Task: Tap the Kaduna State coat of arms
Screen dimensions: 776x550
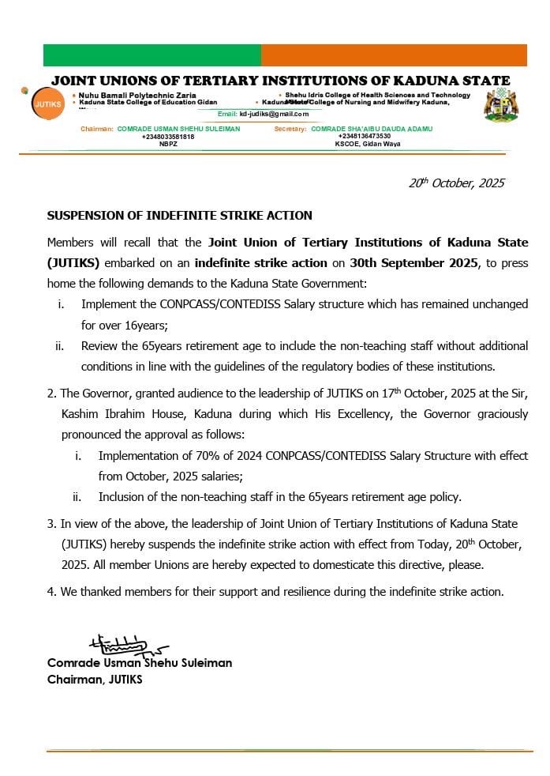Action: coord(501,105)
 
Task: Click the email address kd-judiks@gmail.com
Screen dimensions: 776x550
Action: coord(274,115)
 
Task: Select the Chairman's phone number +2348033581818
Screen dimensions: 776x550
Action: coord(168,137)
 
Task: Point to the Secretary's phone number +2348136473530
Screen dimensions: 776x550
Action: coord(364,137)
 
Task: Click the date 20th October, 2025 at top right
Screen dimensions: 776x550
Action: coord(456,183)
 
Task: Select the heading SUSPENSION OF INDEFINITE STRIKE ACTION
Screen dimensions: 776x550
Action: coord(180,216)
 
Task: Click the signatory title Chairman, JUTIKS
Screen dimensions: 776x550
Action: coord(95,680)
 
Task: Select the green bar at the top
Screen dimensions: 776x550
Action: coord(152,55)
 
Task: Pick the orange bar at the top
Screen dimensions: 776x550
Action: coord(394,55)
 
